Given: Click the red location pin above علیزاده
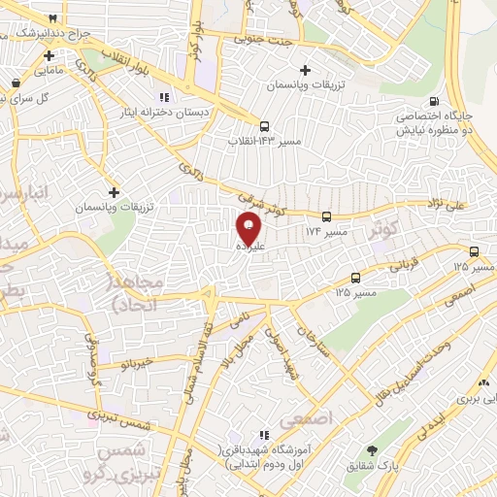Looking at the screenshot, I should tap(248, 227).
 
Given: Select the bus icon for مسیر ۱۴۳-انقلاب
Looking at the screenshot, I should tap(264, 125).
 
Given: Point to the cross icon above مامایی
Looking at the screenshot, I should tap(49, 55).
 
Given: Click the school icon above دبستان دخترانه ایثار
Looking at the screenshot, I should tap(162, 96).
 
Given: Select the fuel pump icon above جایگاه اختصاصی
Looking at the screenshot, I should tap(433, 100).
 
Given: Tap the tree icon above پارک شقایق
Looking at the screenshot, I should tap(372, 450).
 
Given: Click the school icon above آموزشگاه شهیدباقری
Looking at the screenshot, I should tap(262, 435).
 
